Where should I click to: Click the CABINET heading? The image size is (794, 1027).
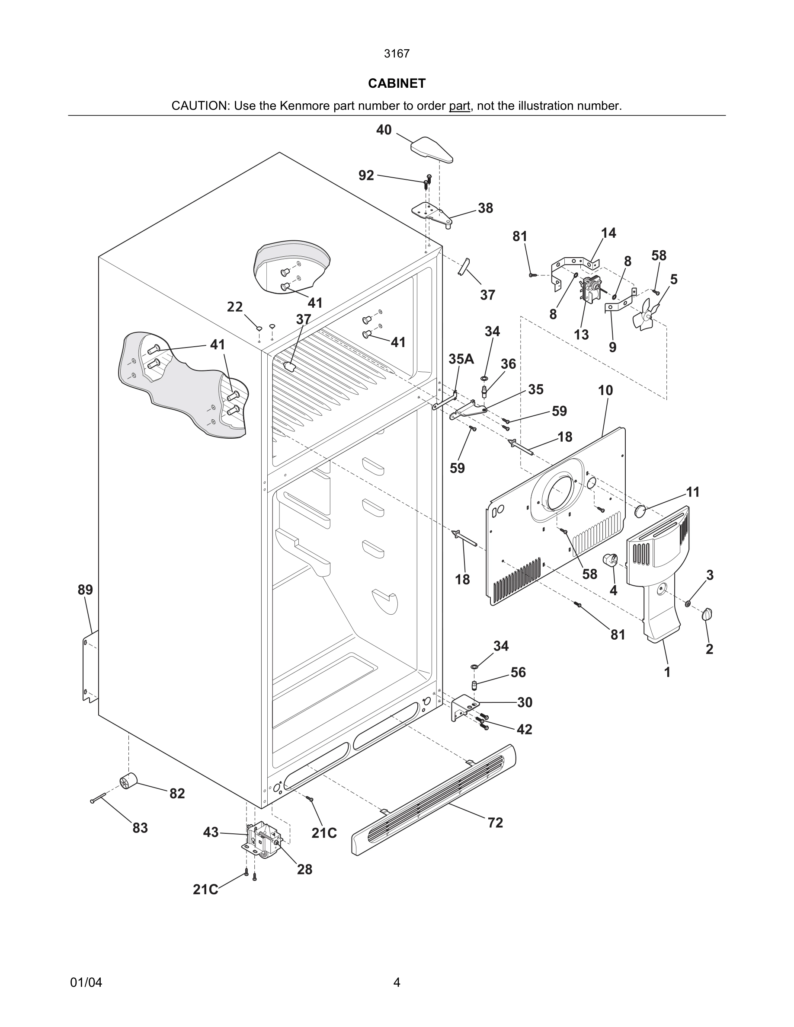coord(397,83)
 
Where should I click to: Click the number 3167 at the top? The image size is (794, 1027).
coord(397,54)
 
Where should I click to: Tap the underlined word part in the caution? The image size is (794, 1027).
coord(459,106)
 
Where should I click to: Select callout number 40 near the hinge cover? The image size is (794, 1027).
coord(384,130)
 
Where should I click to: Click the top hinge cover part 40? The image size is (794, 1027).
coord(432,149)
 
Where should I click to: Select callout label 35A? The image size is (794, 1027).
coord(461,359)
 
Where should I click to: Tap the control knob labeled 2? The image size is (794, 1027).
coord(707,614)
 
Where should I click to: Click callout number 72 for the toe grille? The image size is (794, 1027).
coord(495,823)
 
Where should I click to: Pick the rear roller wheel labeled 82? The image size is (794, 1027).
coord(128,781)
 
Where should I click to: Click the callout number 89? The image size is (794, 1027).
coord(85,590)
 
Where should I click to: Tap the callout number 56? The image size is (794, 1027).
coord(518,673)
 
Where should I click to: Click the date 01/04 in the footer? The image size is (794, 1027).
coord(86,982)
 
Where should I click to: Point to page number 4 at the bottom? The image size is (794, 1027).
coord(397,982)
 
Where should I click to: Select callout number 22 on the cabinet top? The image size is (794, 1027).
coord(235,307)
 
